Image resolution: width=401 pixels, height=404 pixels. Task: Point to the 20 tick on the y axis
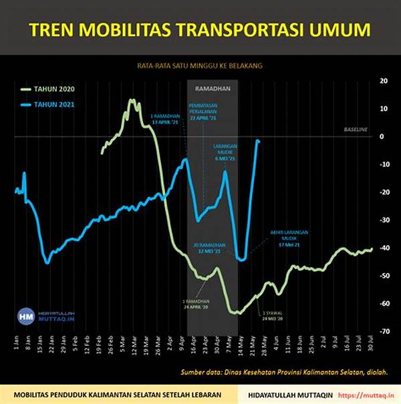tap(384, 80)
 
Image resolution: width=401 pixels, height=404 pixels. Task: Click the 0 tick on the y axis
tap(382, 136)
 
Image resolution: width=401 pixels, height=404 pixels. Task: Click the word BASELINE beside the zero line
tap(356, 129)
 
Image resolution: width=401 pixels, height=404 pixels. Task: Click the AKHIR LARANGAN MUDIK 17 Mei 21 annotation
tap(289, 239)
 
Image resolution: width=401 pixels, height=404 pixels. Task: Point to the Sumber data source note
tap(285, 373)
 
